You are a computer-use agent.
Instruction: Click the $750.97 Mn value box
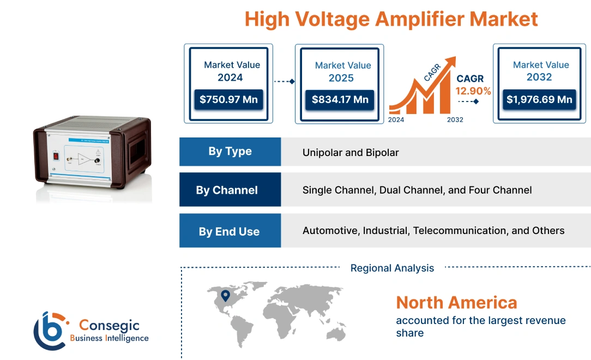point(229,100)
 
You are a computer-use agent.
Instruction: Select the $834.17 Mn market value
point(340,100)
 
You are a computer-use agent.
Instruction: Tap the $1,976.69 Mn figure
point(539,100)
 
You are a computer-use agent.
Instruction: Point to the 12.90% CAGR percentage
point(474,91)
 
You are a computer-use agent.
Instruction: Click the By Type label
point(230,152)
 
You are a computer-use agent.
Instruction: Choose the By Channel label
point(227,190)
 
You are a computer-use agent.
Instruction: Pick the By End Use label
point(229,231)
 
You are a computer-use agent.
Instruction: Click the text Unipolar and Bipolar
point(351,153)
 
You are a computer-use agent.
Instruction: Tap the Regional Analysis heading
point(392,268)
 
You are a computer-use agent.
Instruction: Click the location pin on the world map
point(225,296)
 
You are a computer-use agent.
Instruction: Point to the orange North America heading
point(456,302)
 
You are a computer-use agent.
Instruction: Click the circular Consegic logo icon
point(51,331)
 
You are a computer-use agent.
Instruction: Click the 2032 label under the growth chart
point(455,119)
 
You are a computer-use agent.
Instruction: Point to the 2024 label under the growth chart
point(396,119)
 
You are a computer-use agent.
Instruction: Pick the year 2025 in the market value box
point(341,78)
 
